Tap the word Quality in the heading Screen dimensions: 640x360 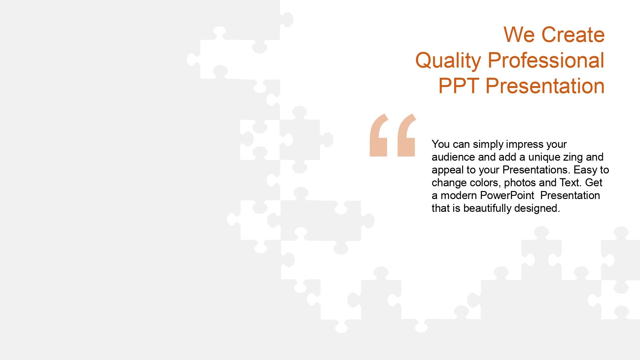click(448, 61)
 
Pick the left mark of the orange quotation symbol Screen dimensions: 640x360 click(379, 135)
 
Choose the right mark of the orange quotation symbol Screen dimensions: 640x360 click(406, 135)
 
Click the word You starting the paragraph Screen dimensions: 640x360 click(441, 144)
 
